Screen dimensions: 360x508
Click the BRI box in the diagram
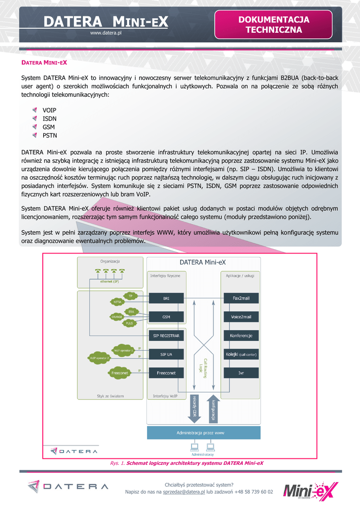point(166,299)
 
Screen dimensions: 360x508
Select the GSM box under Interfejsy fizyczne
point(166,317)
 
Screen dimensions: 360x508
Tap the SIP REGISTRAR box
point(166,336)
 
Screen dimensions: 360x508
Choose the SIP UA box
point(166,354)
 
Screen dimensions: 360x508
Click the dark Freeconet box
point(166,373)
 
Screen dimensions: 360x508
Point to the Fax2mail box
point(241,299)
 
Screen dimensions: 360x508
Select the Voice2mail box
point(241,317)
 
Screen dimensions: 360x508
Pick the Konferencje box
point(241,336)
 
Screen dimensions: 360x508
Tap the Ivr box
point(241,373)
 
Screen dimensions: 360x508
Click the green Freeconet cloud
point(120,373)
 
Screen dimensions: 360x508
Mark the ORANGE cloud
point(118,317)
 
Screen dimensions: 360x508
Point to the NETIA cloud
point(118,301)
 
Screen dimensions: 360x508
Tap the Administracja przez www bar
point(204,433)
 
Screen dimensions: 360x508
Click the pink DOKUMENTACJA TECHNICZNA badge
point(274,25)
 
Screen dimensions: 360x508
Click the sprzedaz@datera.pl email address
point(184,492)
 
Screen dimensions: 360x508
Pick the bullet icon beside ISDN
point(35,119)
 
